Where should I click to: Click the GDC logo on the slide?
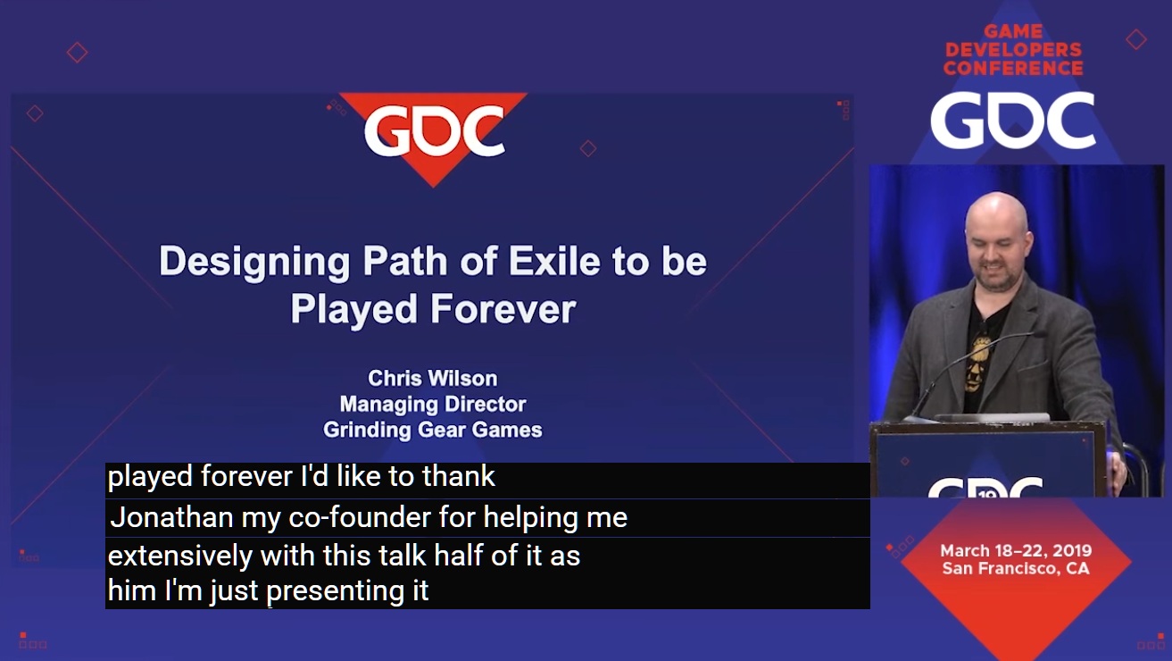point(435,131)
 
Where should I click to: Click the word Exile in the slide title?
point(554,261)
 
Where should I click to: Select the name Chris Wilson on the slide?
point(433,378)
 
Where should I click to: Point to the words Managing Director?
point(433,404)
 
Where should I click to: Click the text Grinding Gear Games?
point(433,430)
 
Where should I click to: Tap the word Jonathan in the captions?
point(172,517)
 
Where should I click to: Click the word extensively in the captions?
point(180,556)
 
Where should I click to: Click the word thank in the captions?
point(458,476)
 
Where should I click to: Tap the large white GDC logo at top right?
point(1012,120)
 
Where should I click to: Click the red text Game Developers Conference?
point(1013,50)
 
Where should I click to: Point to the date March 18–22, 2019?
point(1016,550)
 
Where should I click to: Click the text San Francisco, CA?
point(1016,568)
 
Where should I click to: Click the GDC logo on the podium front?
point(985,487)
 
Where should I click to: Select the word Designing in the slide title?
point(254,262)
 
